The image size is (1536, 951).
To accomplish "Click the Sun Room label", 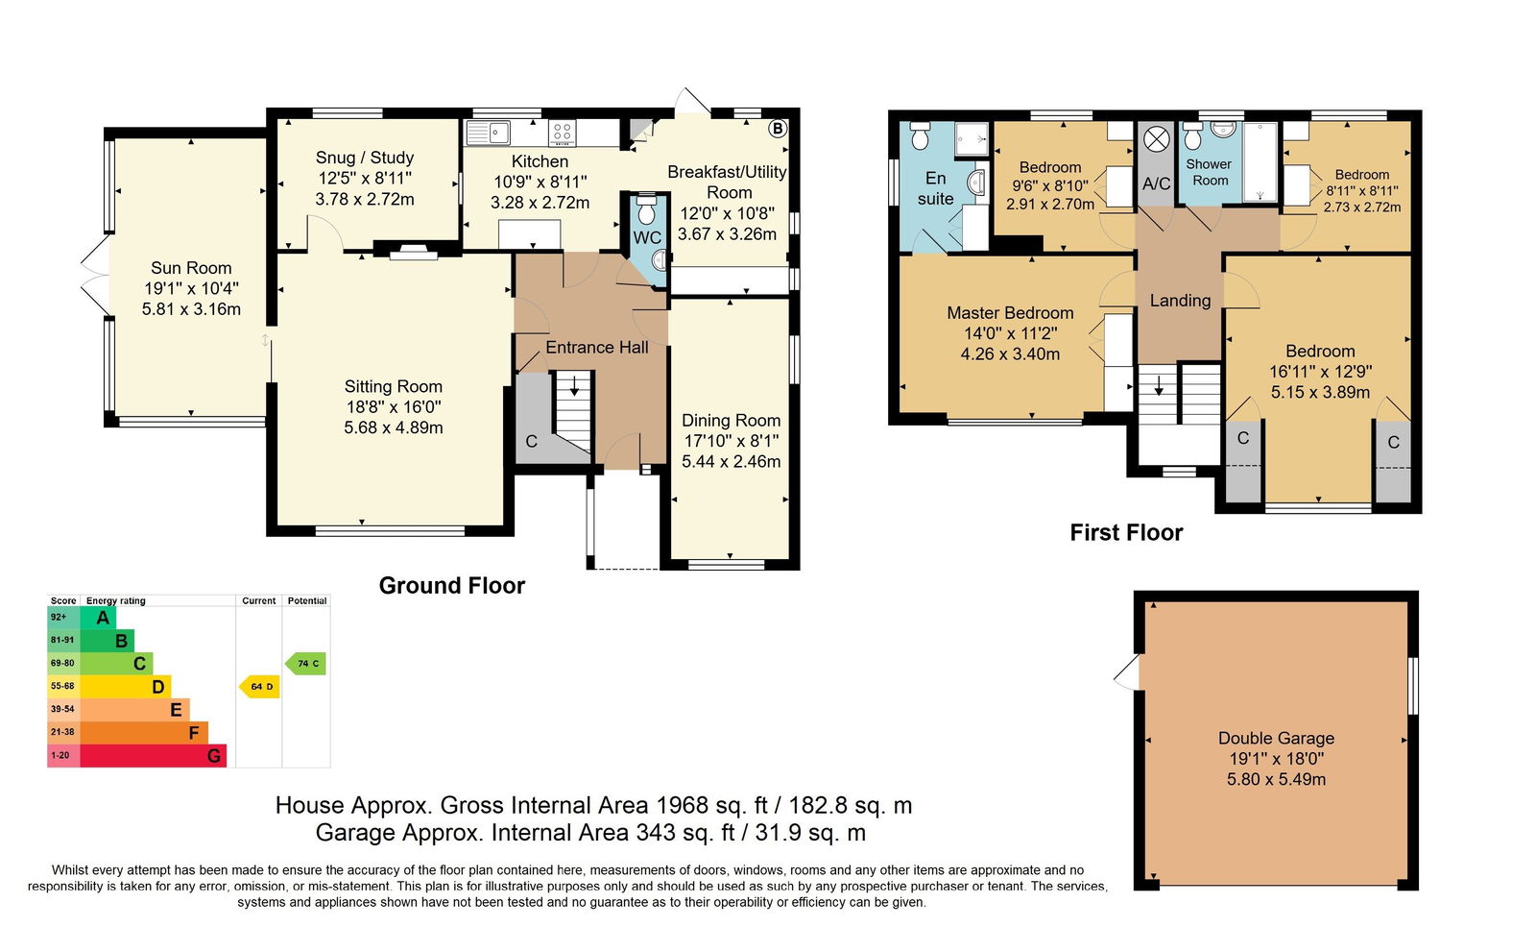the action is (x=191, y=268).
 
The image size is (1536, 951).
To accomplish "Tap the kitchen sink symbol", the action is (x=488, y=133).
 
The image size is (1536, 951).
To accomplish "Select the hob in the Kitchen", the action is (x=563, y=133).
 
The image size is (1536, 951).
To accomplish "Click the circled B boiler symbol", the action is (x=777, y=129).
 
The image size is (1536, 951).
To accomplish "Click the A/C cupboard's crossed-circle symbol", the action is (x=1156, y=140).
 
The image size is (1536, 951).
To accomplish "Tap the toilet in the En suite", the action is (x=920, y=135).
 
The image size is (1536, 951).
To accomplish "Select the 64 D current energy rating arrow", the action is (x=259, y=686).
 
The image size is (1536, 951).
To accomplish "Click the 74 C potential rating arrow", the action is (x=305, y=664).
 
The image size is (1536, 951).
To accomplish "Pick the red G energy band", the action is (x=153, y=755).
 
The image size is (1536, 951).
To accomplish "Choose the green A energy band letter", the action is (x=103, y=618).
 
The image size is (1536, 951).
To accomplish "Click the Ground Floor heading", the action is (x=452, y=585).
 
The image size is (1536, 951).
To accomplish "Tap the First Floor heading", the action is (x=1127, y=532).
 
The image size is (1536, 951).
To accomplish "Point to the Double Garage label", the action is (x=1276, y=739).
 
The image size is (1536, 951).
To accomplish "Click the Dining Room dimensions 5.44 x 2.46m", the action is (x=731, y=462).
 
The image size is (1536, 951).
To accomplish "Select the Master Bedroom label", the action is (x=1010, y=313).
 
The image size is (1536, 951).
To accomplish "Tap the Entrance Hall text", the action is (x=597, y=347).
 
